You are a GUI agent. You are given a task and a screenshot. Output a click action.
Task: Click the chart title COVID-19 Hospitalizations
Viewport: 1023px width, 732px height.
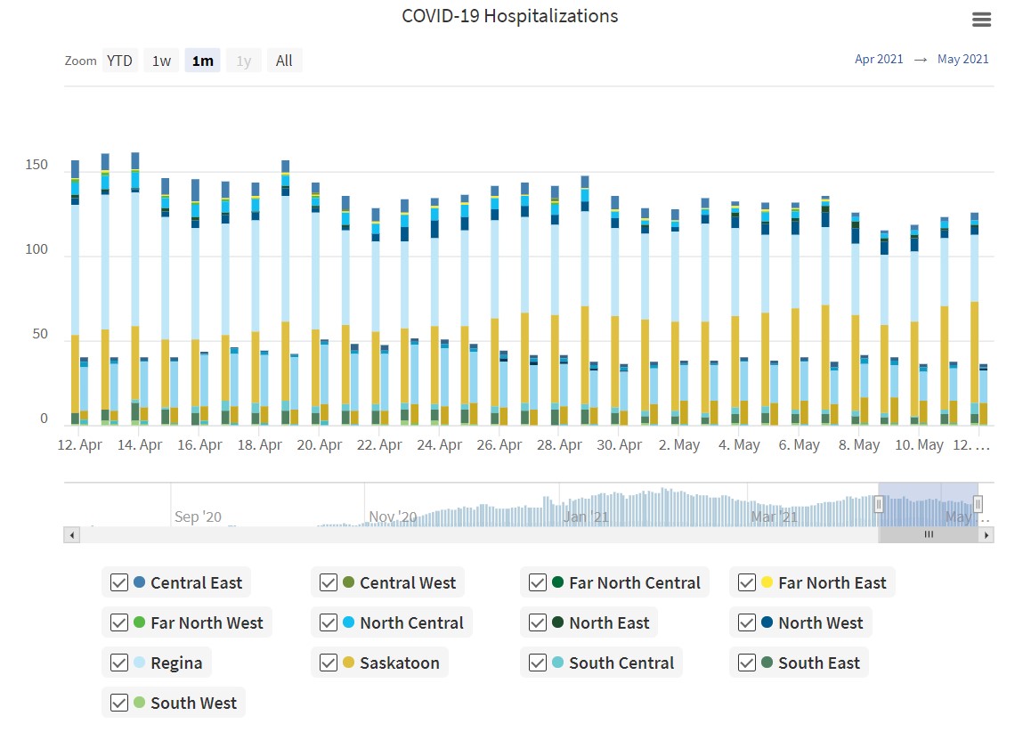point(509,16)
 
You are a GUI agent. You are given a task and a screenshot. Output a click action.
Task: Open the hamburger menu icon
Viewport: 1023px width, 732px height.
point(981,20)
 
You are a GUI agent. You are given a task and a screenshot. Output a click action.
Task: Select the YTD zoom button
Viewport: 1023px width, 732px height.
point(119,61)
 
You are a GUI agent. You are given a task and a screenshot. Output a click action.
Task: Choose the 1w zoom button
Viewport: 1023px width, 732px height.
point(161,61)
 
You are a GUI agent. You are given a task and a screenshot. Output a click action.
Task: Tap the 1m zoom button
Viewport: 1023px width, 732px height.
point(202,61)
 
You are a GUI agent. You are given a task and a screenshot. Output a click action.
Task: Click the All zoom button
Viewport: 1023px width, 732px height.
point(284,61)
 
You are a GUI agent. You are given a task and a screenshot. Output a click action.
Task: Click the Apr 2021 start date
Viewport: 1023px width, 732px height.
point(879,60)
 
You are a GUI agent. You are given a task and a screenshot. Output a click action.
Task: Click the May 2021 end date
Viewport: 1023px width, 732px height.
point(962,60)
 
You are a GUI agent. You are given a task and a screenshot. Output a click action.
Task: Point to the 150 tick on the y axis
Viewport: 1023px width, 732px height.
point(36,166)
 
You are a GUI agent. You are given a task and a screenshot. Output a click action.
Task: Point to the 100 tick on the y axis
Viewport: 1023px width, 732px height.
point(36,249)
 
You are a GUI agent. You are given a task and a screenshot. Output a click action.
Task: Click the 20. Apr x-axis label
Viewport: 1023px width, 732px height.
point(320,444)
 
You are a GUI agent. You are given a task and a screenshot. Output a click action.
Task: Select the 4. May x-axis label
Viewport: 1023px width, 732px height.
point(739,444)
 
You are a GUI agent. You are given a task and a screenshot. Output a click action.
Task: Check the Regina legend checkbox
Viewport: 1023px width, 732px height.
point(119,663)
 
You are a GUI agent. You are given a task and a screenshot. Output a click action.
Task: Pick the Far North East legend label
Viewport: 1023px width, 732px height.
point(832,582)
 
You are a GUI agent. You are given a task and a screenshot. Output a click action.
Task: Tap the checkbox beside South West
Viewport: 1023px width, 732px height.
point(119,703)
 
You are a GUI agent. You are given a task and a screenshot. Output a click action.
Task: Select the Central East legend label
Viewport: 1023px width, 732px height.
point(196,582)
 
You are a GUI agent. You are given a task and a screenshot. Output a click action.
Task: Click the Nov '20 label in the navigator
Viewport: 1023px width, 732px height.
point(393,516)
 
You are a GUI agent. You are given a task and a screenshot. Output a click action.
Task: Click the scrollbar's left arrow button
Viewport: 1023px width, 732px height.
point(72,535)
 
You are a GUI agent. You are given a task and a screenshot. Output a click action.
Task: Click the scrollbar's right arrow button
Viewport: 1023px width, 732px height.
point(986,535)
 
